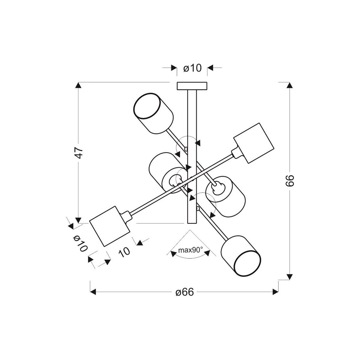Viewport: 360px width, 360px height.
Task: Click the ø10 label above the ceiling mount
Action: point(192,68)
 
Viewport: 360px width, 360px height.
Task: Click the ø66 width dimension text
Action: point(184,292)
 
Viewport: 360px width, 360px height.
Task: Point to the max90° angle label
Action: point(190,250)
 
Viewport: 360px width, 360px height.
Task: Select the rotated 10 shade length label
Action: point(124,251)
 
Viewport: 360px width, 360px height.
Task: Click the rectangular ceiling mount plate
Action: point(192,86)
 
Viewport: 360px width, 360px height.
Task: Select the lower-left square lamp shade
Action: point(109,226)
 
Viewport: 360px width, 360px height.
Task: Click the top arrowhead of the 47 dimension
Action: point(78,85)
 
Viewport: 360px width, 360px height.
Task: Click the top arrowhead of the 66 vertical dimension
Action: point(289,85)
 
